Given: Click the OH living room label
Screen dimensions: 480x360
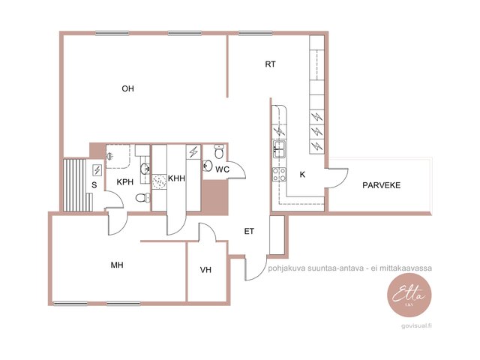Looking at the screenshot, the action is pos(127,88).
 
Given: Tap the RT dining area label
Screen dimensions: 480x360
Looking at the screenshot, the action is pos(270,64).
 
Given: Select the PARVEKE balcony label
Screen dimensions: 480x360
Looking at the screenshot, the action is pos(381,185).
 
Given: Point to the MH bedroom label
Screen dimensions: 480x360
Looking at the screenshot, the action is pos(117,265).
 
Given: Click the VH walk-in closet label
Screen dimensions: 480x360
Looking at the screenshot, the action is pos(205,270).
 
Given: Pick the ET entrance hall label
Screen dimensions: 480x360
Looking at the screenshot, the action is pos(249,232).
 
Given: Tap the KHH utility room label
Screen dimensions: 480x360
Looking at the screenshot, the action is pos(176,178).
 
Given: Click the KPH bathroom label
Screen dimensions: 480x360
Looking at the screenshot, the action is pos(125,181).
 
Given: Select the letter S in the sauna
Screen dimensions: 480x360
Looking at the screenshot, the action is pos(94,185).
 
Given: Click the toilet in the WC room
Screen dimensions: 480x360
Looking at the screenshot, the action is pos(219,151).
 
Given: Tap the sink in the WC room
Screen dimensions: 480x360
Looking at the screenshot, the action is pos(208,166).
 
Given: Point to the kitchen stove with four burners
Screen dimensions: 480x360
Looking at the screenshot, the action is pos(280,175).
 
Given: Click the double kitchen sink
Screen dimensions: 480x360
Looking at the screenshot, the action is pos(280,149).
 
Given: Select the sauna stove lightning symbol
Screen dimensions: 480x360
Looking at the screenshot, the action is pos(97,170).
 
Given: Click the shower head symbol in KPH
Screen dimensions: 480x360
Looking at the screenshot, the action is pos(109,157).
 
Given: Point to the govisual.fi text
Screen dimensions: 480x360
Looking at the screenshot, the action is pos(417,326).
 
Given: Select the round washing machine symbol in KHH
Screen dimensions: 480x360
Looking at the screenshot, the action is pos(159,181).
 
